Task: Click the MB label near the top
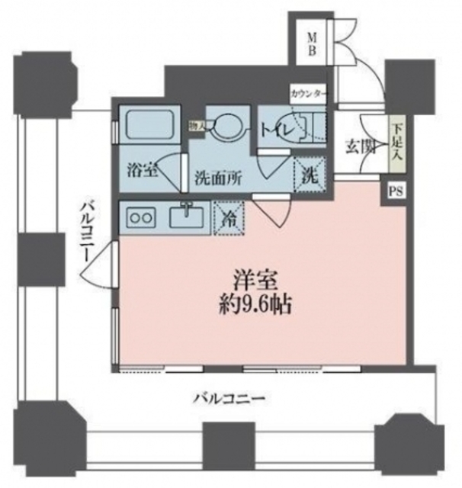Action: [313, 45]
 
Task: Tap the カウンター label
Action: [308, 94]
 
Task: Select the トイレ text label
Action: [276, 130]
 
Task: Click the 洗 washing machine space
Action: [310, 174]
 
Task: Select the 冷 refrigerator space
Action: [229, 217]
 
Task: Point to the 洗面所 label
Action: [217, 176]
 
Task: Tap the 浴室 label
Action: [141, 169]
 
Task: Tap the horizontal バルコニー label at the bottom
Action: [228, 398]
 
